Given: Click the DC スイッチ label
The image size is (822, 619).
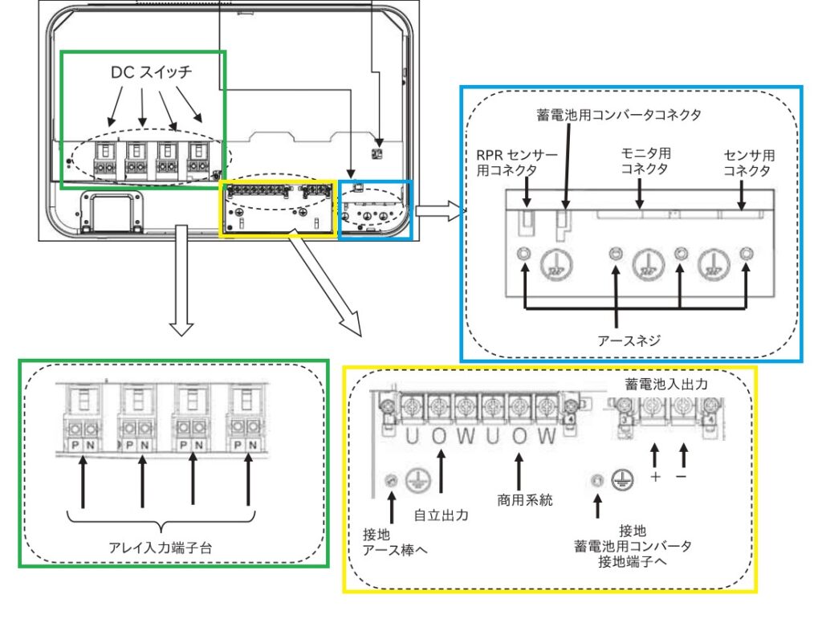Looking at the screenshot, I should (x=152, y=72).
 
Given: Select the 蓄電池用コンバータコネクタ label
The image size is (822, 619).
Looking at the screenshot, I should (x=618, y=115).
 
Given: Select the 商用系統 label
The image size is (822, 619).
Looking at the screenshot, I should (x=520, y=499).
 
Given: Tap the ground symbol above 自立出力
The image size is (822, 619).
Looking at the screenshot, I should (x=418, y=480).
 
